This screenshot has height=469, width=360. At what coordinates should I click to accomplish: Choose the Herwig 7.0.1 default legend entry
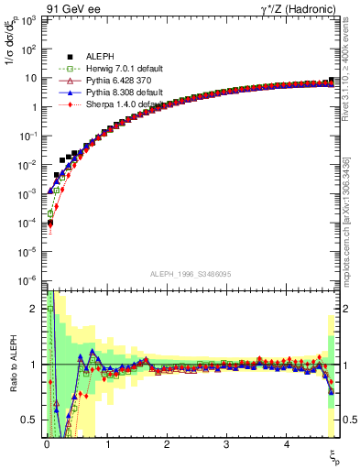point(125,69)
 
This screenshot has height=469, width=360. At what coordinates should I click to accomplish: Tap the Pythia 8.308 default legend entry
point(124,93)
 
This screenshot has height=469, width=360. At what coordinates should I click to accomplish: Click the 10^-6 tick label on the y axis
point(29,280)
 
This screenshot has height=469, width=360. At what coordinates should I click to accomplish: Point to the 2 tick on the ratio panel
point(36,309)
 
